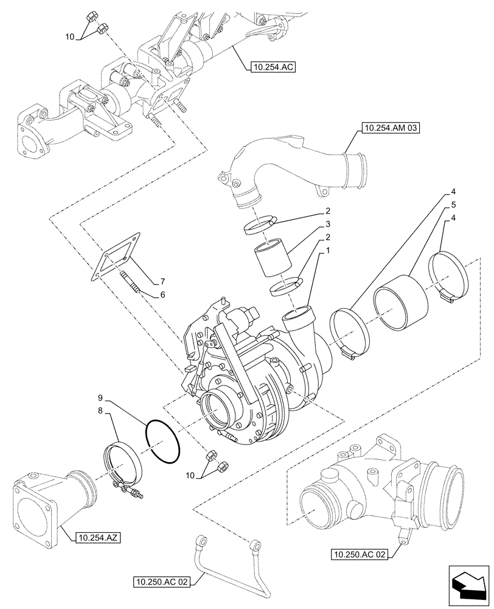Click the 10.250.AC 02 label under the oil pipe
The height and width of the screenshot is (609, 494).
161,582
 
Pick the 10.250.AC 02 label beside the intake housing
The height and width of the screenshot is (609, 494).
361,554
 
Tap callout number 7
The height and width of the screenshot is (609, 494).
162,281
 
